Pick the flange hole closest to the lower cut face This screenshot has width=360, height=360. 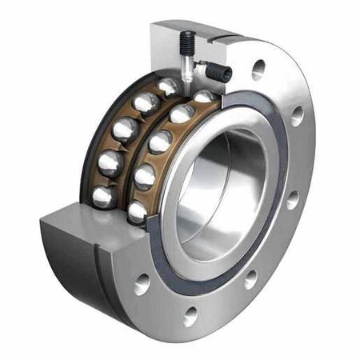coord(143,283)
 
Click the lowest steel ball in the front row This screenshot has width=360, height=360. coord(138,211)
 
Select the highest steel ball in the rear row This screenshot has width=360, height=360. coord(168,85)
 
